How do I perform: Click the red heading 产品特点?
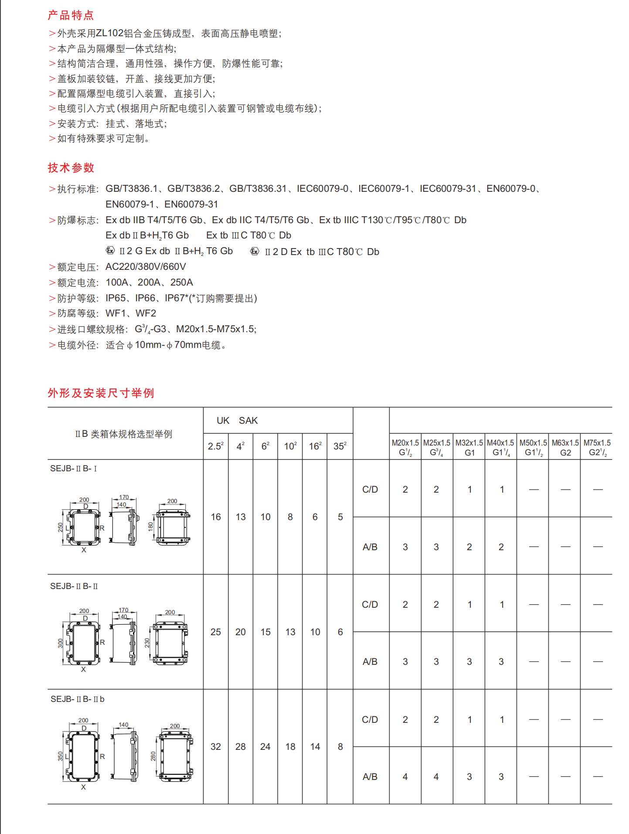click(71, 16)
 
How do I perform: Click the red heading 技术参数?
click(71, 168)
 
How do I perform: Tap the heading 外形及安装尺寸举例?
click(101, 393)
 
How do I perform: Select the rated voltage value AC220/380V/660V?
click(146, 267)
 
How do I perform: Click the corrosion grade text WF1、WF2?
click(131, 313)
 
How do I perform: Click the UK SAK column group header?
click(237, 421)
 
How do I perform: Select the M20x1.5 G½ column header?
click(405, 448)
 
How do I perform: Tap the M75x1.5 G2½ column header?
click(597, 448)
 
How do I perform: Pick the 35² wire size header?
click(340, 446)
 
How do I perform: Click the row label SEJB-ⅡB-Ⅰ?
click(74, 469)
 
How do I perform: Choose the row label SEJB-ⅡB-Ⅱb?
click(78, 699)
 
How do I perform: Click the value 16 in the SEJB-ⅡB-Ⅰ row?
click(216, 517)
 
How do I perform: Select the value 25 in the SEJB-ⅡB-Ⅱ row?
click(216, 632)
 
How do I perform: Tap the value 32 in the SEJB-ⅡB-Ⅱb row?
click(216, 747)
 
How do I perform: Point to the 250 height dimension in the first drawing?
click(60, 528)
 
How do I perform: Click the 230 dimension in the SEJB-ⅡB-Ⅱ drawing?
click(147, 643)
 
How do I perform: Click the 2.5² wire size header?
click(216, 446)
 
